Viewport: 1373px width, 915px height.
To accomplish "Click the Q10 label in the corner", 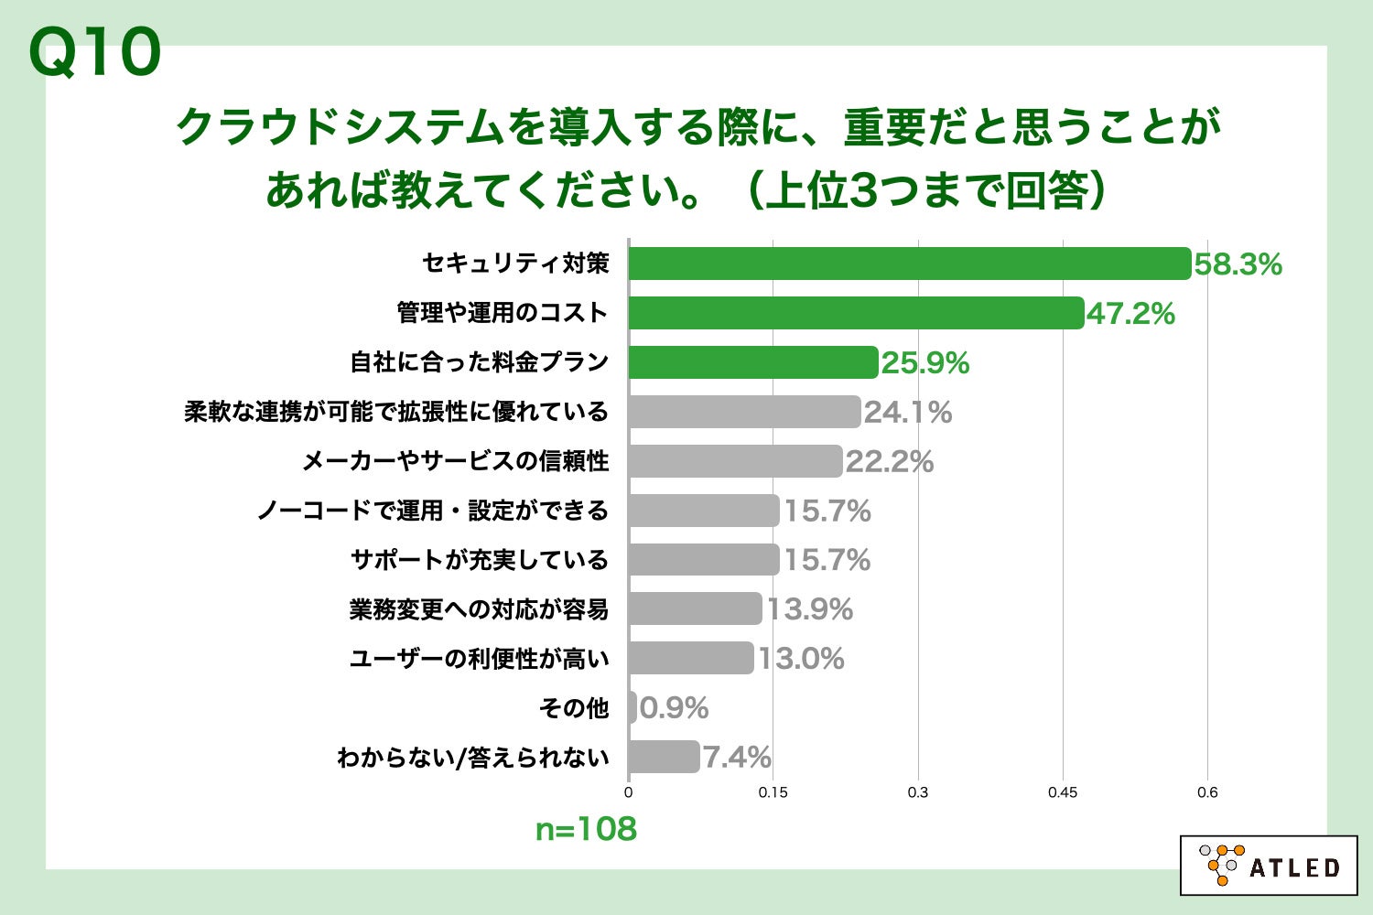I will click(95, 53).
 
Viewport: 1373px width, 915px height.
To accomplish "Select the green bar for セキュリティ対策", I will click(909, 264).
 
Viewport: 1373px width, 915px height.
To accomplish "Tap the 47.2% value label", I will click(1130, 314).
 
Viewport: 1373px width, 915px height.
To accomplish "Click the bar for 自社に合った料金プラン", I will click(752, 362).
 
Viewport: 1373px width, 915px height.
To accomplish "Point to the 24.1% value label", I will click(908, 413).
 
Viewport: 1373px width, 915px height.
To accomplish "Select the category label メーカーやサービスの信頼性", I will click(455, 461).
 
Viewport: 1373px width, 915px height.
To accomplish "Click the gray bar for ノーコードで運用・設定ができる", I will click(703, 511).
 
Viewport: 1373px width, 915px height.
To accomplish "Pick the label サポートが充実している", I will click(480, 560).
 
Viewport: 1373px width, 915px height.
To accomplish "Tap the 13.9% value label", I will click(809, 609).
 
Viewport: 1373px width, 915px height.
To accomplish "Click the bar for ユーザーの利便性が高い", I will click(690, 659).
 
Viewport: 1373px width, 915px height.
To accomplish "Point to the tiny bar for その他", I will click(632, 707).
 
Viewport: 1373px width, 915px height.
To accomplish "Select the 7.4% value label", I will click(737, 758).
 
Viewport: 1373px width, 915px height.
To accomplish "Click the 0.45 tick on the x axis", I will click(1063, 792).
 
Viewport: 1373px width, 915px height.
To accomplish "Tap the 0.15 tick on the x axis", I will click(773, 792).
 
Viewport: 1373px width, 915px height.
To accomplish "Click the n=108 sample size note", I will click(586, 829).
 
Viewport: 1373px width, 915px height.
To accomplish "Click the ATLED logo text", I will click(1294, 867).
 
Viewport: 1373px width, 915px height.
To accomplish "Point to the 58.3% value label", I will click(1238, 264).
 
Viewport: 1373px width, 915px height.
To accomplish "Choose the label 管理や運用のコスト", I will click(503, 313).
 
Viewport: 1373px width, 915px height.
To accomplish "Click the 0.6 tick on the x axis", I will click(1207, 792).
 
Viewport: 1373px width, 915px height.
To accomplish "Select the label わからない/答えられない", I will click(472, 758).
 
